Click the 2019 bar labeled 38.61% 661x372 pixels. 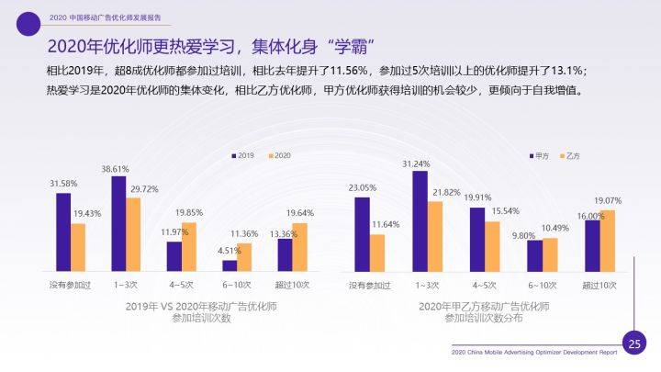pos(118,223)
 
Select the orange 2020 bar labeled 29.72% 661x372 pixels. pos(133,234)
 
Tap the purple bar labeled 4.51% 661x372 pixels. pos(230,265)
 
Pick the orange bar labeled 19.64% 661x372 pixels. pos(300,247)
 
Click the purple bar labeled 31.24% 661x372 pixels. pos(420,221)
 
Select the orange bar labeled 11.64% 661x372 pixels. pos(377,253)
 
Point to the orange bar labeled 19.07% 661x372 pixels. pos(607,241)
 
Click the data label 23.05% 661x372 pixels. pos(362,187)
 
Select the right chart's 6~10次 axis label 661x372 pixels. pos(542,284)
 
